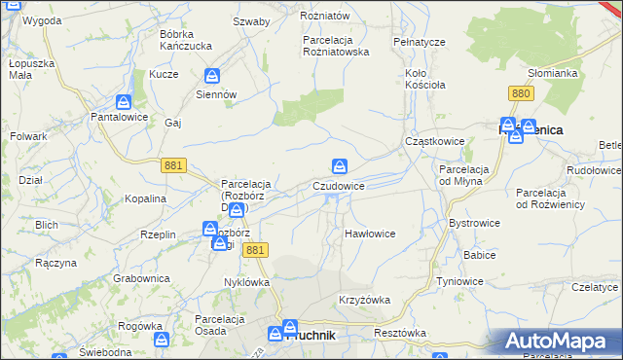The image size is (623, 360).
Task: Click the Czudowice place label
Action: pos(339,186)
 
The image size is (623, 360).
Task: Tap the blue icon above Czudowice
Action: pos(339,166)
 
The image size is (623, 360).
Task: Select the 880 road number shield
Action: pos(520,93)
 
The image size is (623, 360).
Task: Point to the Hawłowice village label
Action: pos(370,234)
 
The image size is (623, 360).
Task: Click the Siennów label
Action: pos(216,95)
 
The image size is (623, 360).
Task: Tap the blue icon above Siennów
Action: pos(213,76)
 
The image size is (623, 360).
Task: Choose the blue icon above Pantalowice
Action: pos(123,101)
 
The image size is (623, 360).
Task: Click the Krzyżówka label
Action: pos(363,300)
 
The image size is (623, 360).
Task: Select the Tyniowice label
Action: pos(460,281)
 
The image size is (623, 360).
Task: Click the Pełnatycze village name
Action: pos(419,43)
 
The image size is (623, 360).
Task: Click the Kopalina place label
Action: pos(145,198)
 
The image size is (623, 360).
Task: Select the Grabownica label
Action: pos(141,278)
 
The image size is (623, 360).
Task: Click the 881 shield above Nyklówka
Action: pos(254,251)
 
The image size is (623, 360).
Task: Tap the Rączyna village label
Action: pos(55,263)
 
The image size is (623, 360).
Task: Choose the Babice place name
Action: pos(480,255)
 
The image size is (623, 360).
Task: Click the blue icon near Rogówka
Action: pos(162,340)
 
